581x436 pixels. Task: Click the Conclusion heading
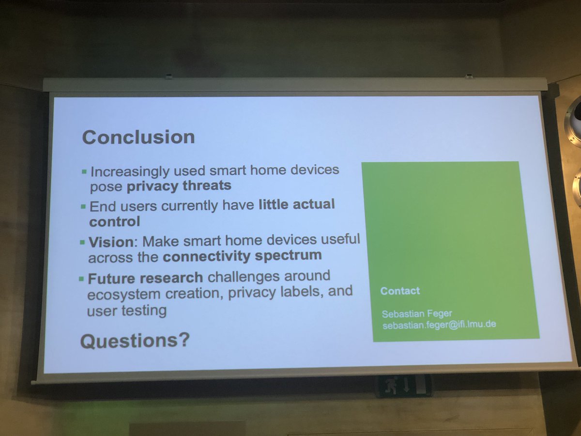click(x=138, y=137)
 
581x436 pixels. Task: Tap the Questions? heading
click(x=135, y=342)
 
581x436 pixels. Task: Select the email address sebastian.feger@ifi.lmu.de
click(x=439, y=325)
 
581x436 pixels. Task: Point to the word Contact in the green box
click(x=400, y=291)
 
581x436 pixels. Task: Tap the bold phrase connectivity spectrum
click(x=242, y=256)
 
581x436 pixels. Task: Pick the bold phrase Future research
click(x=145, y=278)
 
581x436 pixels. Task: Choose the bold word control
click(x=115, y=221)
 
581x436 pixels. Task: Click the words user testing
click(x=126, y=310)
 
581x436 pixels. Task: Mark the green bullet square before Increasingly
click(x=84, y=171)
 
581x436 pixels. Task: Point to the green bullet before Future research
click(x=81, y=279)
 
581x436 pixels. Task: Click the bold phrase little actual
click(x=296, y=204)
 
